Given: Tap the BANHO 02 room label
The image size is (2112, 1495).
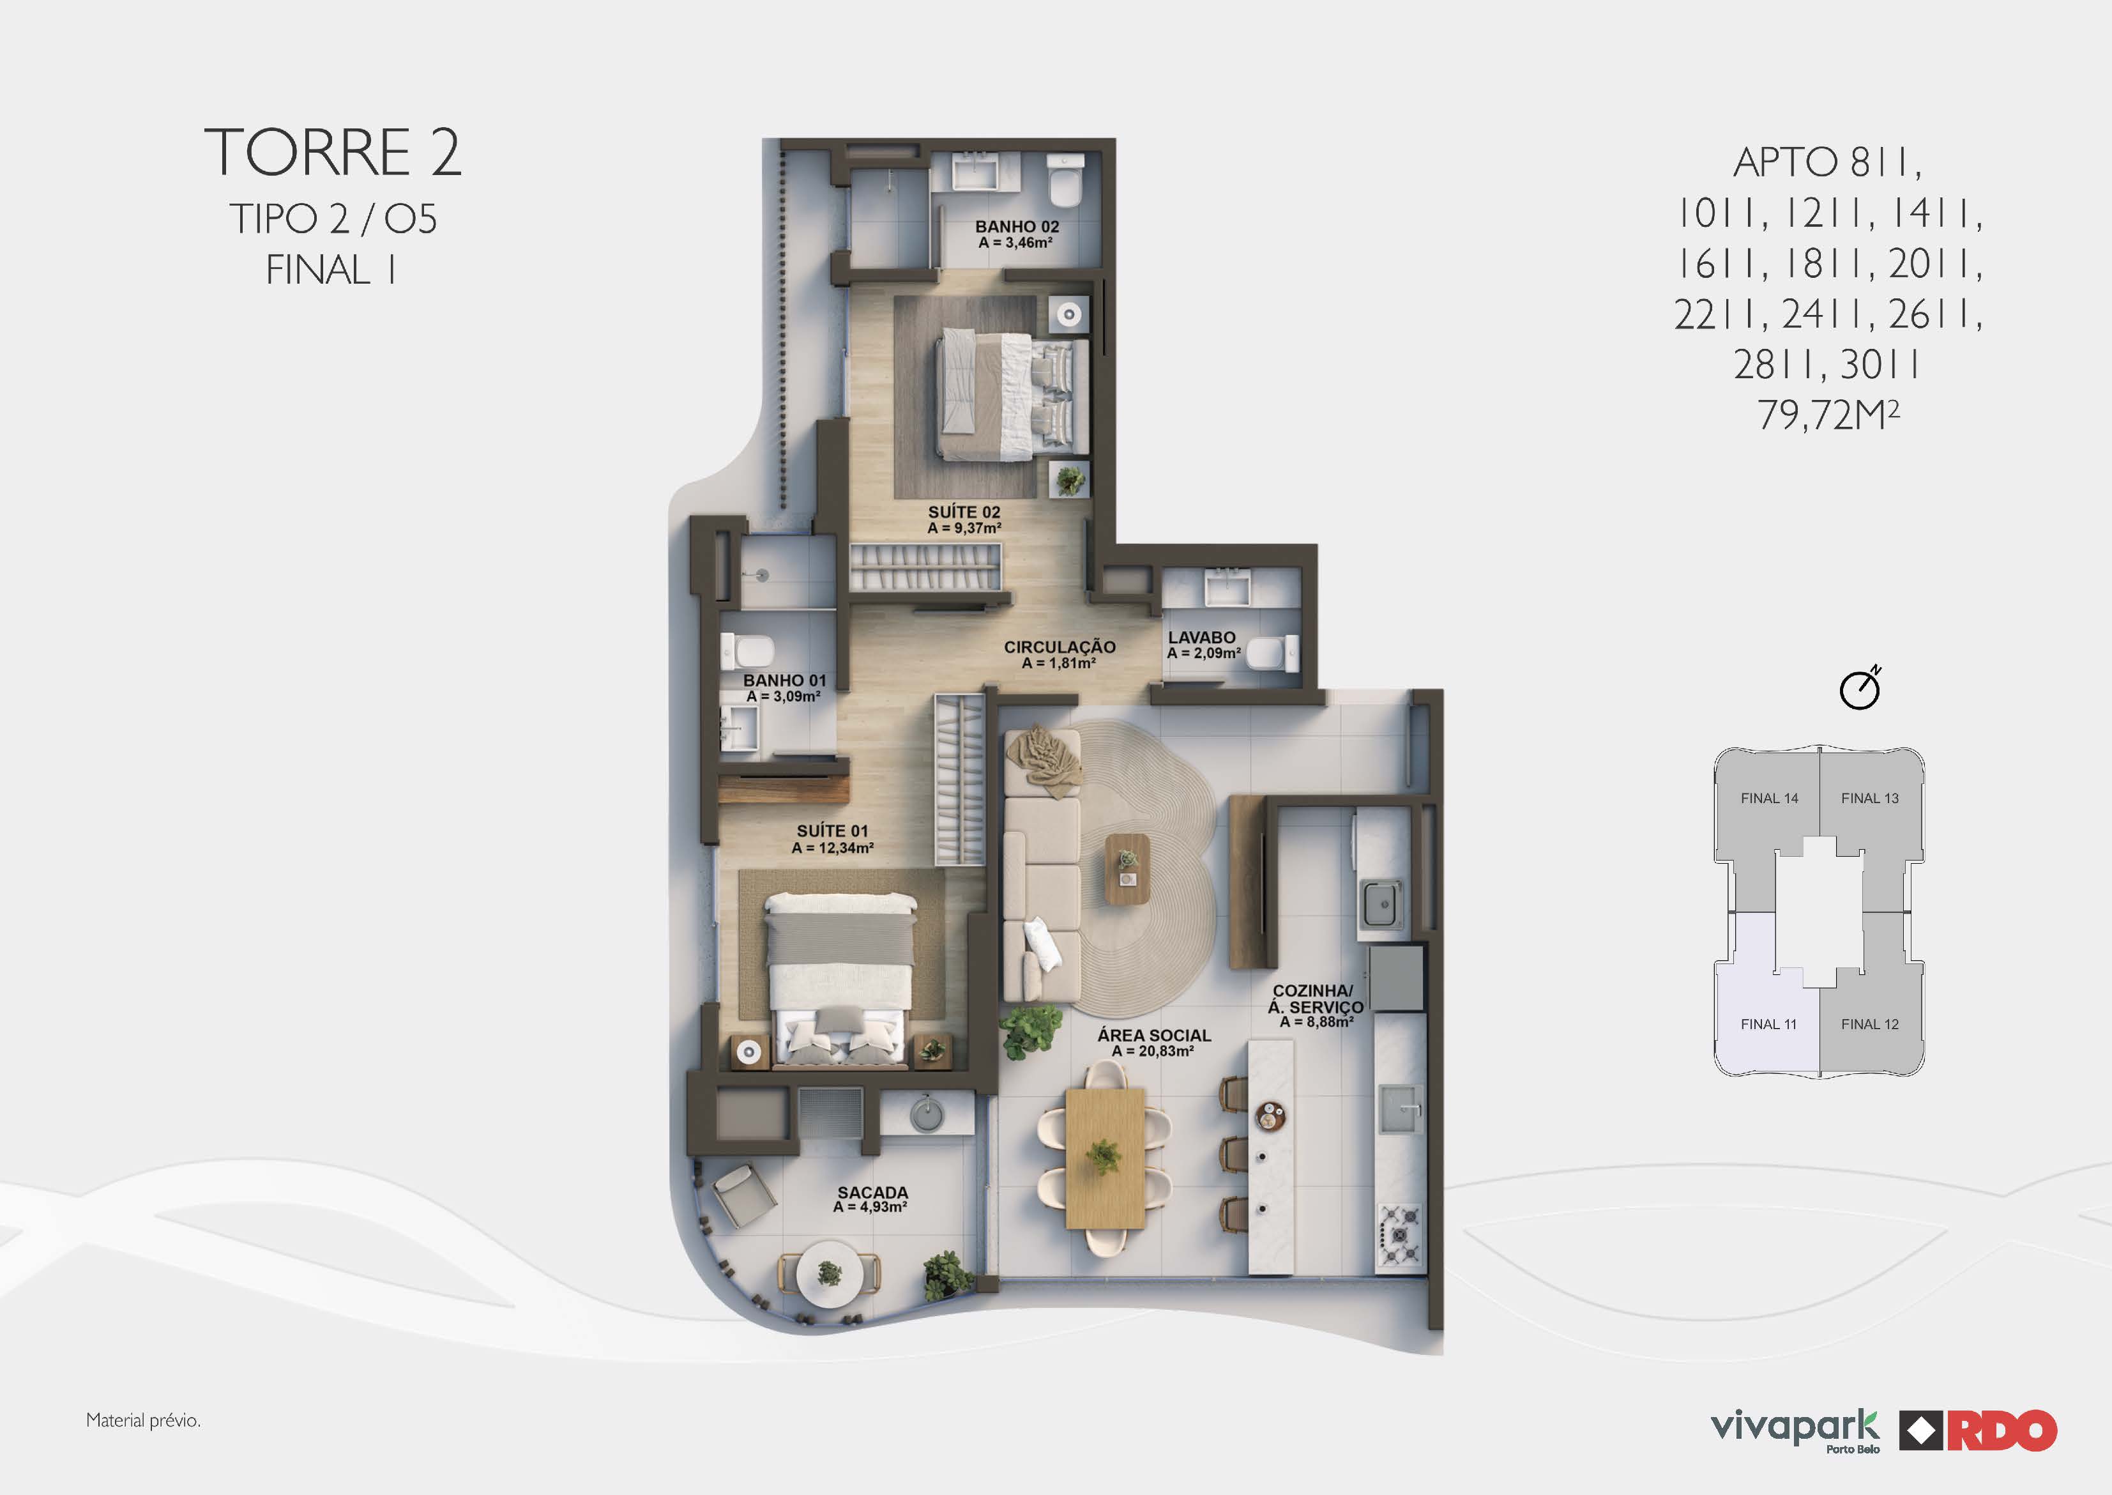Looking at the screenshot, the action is pyautogui.click(x=1017, y=226).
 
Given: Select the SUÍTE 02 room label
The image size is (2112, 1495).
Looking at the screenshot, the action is pyautogui.click(x=964, y=512).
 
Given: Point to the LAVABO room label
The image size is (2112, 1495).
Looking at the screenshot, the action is pyautogui.click(x=1202, y=637).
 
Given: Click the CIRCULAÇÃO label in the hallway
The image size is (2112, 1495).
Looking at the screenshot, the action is pyautogui.click(x=1060, y=647).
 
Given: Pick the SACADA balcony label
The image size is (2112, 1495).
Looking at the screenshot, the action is pyautogui.click(x=872, y=1192).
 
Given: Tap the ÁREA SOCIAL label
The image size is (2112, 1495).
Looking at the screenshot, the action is pyautogui.click(x=1154, y=1036).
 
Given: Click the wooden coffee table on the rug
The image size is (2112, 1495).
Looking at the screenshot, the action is pyautogui.click(x=1127, y=868).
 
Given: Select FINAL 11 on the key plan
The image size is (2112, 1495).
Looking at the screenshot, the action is pyautogui.click(x=1768, y=1023).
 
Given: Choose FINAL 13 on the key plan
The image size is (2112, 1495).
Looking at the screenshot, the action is pyautogui.click(x=1869, y=798).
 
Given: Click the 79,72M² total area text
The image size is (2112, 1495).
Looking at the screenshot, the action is pyautogui.click(x=1828, y=415).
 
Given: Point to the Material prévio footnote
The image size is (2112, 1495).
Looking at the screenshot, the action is pyautogui.click(x=144, y=1420).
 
